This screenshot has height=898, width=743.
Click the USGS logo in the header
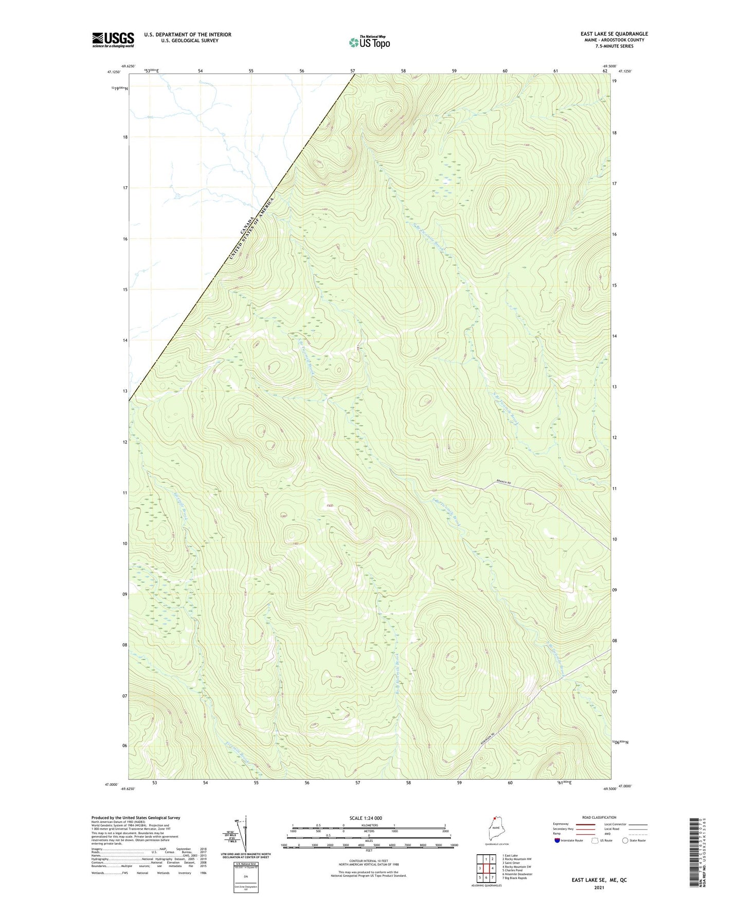[113, 40]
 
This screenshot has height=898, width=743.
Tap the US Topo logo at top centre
[369, 42]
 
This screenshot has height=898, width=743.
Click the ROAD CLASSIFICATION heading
[599, 817]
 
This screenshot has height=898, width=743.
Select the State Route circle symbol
[625, 840]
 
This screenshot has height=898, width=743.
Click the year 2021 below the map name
[599, 888]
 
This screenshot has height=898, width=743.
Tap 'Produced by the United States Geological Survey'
[136, 818]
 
